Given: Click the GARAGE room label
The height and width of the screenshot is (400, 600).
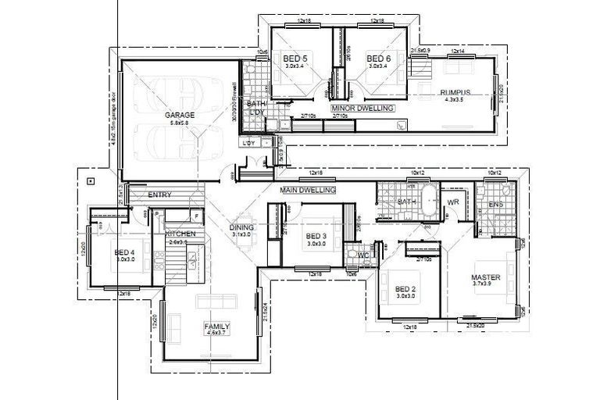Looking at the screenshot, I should tap(180, 115).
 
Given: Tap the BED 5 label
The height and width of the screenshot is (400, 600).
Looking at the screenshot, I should tap(295, 59).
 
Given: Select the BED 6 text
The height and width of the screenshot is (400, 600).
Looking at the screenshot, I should tap(378, 59).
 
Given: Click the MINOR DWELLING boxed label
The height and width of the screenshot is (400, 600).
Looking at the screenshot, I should tap(362, 108).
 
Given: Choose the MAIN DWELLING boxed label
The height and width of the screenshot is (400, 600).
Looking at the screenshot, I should tap(308, 190).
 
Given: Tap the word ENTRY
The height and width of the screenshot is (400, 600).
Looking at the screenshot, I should tap(159, 195).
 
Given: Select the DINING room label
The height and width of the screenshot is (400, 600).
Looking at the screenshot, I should tap(241, 228).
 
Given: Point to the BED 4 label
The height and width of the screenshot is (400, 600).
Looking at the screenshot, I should tap(125, 252).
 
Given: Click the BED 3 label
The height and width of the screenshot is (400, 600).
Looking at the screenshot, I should tap(316, 236).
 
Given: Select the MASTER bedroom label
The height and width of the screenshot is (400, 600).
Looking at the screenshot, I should tap(485, 277).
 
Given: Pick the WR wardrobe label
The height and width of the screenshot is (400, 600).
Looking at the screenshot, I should tap(452, 202).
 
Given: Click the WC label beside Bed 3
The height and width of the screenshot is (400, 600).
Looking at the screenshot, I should tap(362, 255).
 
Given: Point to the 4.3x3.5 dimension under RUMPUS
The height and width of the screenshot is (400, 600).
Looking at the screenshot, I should tap(454, 100).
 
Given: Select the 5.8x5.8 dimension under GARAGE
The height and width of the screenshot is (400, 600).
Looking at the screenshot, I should tap(180, 123).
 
